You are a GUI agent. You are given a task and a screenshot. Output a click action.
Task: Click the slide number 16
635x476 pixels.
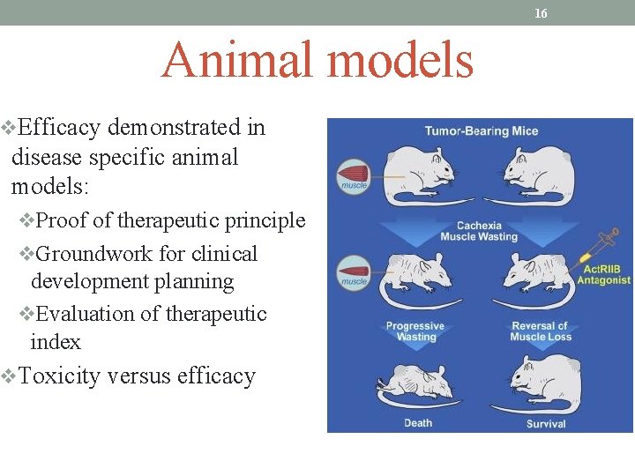[541, 13]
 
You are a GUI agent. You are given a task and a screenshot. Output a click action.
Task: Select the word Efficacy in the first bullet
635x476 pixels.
[59, 128]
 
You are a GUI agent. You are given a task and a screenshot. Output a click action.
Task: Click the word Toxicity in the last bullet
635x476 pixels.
[61, 376]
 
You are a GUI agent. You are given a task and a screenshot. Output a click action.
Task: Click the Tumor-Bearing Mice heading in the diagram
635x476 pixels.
[481, 131]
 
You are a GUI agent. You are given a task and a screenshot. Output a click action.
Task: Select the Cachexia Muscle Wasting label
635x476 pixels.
[479, 231]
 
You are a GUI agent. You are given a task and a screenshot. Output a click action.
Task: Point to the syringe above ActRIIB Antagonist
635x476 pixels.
[599, 244]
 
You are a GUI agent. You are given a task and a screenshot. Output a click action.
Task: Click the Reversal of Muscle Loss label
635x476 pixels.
[540, 331]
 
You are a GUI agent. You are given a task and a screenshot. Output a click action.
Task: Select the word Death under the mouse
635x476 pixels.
[418, 423]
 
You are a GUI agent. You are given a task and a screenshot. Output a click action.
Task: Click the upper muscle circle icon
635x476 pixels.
[354, 175]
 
